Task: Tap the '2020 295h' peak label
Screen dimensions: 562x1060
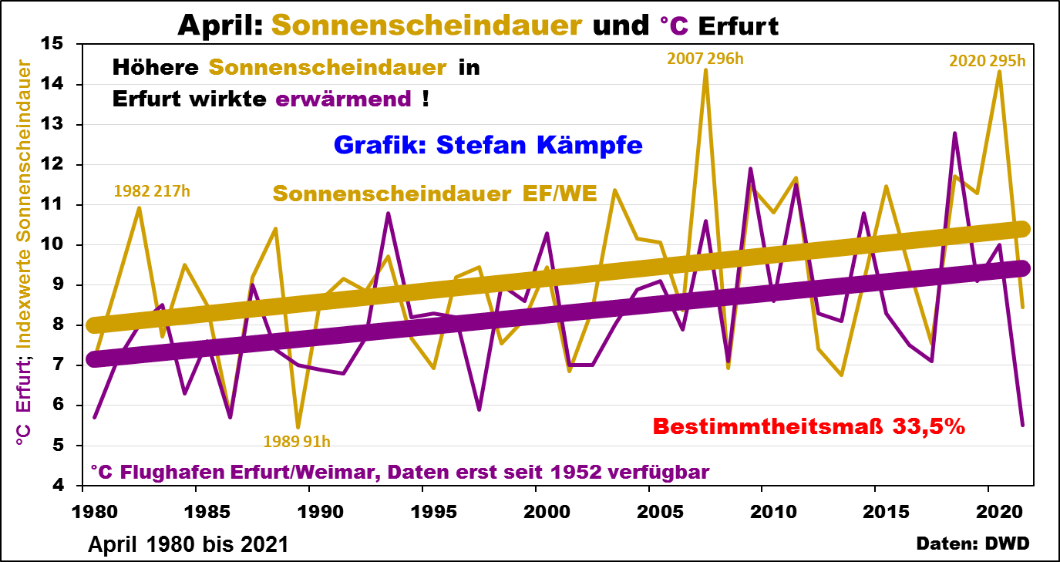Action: click(x=987, y=60)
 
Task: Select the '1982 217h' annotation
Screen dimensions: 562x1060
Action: click(x=151, y=190)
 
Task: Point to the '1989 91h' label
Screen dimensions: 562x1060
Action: click(x=297, y=441)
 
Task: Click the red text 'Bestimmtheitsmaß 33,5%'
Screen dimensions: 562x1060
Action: click(x=809, y=426)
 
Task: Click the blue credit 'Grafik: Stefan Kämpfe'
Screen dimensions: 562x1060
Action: click(x=488, y=145)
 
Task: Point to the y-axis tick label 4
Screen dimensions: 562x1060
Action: click(x=68, y=486)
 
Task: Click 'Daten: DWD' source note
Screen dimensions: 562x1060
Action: click(x=973, y=543)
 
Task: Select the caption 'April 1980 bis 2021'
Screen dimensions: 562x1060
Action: click(x=188, y=544)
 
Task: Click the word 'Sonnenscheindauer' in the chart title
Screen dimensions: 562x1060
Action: click(x=426, y=25)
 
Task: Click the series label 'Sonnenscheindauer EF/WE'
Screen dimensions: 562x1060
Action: click(x=435, y=194)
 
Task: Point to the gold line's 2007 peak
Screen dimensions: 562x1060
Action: click(x=705, y=70)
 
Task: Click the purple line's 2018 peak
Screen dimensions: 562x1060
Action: click(x=954, y=133)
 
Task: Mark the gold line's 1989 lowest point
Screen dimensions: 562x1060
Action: click(x=298, y=427)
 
